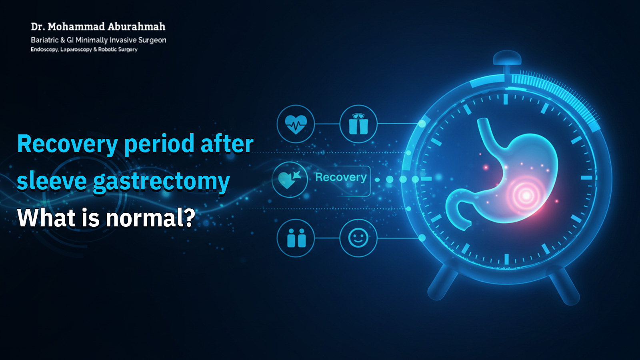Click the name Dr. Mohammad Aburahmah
[98, 27]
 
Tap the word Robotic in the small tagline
[107, 50]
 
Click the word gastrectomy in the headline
[161, 182]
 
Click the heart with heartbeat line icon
[296, 124]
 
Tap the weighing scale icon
[358, 124]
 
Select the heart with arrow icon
[290, 180]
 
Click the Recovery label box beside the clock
[341, 178]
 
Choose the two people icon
[296, 238]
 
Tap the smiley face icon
[358, 238]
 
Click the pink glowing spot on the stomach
[526, 196]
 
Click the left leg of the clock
[442, 282]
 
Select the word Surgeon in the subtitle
[152, 40]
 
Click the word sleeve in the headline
[52, 181]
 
